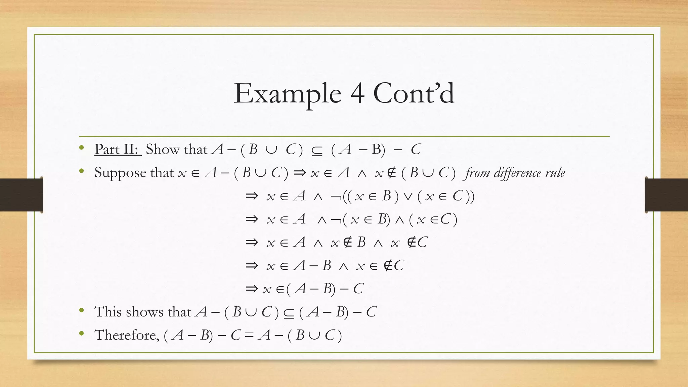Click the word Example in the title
point(287,93)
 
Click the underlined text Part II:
point(118,149)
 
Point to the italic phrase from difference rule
point(515,173)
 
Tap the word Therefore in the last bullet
point(126,335)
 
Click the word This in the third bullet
point(107,312)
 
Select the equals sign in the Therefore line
point(249,335)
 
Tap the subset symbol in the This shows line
point(289,313)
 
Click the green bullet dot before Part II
point(81,148)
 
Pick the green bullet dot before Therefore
point(81,333)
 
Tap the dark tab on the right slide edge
point(666,195)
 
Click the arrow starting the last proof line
point(252,289)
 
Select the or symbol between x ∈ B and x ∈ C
point(408,197)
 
